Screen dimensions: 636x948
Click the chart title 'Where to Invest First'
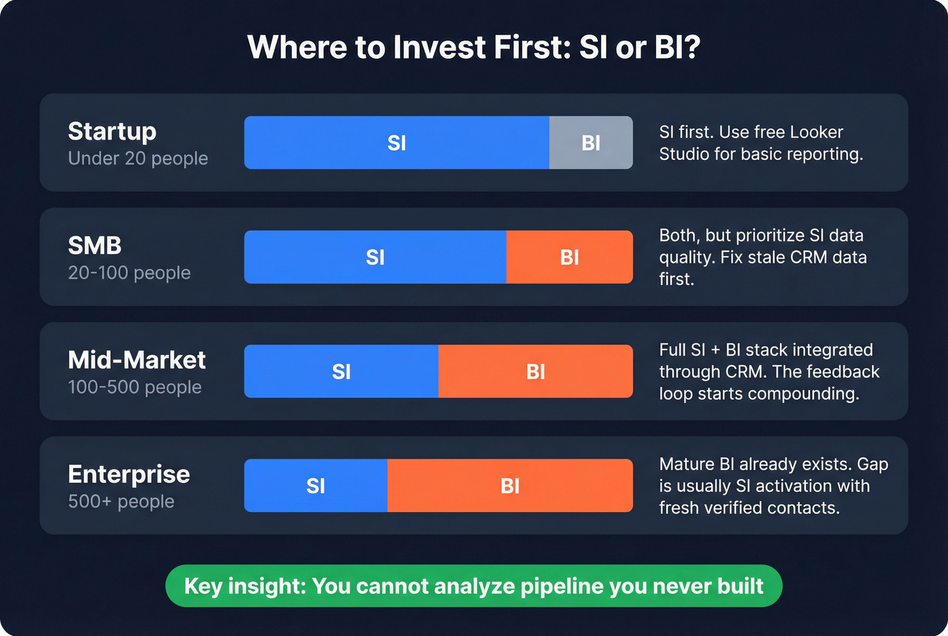coord(473,48)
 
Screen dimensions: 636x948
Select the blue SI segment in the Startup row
coord(396,143)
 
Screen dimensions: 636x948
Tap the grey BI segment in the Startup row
coord(590,143)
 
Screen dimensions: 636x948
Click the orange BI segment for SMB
coord(569,257)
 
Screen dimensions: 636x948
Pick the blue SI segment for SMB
coord(374,257)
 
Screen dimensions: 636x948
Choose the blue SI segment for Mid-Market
coord(341,372)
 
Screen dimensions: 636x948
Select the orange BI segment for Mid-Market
coord(535,372)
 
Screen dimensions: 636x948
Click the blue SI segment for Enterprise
coord(316,486)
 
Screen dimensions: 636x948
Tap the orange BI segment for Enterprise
coord(509,486)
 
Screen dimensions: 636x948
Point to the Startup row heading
coord(112,131)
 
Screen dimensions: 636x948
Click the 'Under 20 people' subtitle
coord(138,158)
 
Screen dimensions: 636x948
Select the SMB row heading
coord(95,246)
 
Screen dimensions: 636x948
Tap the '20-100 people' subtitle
coord(129,273)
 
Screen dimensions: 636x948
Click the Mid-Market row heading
coord(137,360)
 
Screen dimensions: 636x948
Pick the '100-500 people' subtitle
coord(135,387)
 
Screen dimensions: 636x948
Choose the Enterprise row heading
coord(129,475)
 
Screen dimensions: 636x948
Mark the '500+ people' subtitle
coord(121,502)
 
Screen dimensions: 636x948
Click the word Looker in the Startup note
coord(817,132)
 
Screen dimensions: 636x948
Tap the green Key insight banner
coord(473,586)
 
